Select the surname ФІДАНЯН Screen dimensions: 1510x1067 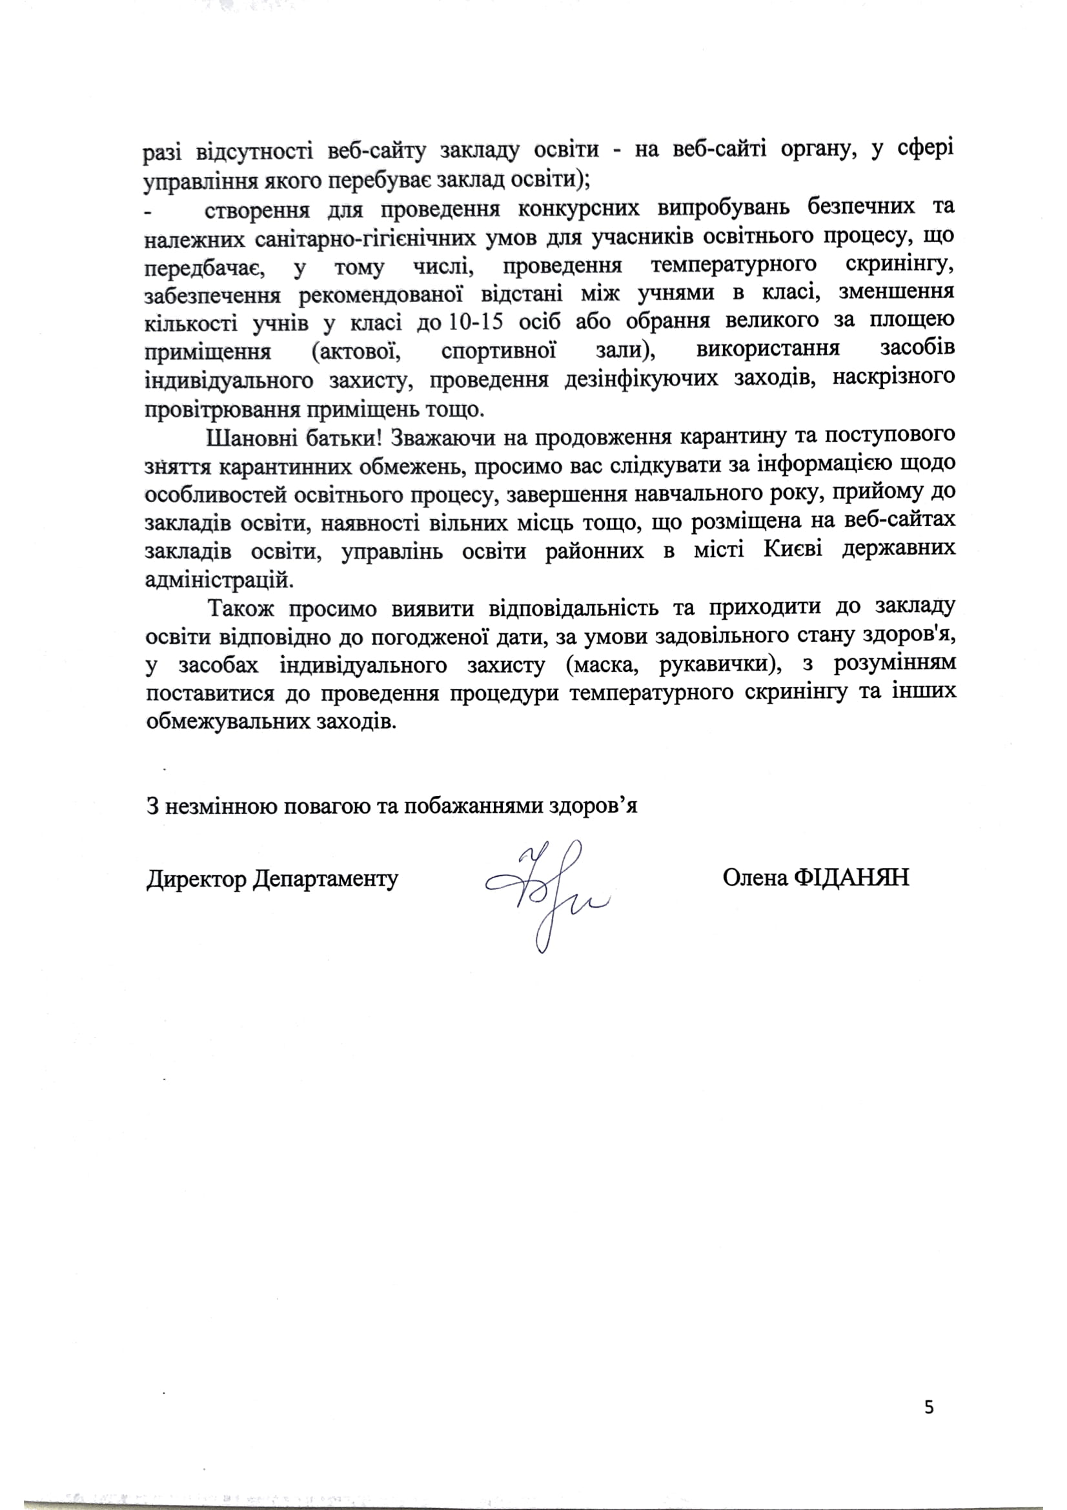(852, 877)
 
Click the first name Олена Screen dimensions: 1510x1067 (755, 877)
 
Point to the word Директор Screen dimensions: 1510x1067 (197, 879)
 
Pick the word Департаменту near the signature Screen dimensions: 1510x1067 (326, 879)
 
